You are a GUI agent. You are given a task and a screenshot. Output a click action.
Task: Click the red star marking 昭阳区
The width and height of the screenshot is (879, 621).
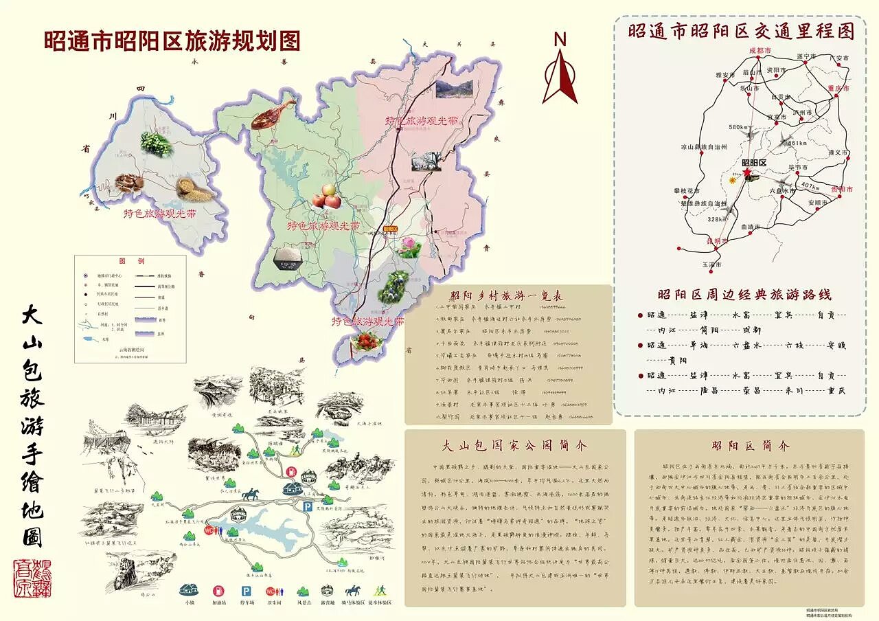[x=747, y=172]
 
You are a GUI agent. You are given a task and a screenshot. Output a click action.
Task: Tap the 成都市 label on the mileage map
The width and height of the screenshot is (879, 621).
[x=760, y=51]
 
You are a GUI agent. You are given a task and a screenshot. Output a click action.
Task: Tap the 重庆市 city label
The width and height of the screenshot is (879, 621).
[x=839, y=88]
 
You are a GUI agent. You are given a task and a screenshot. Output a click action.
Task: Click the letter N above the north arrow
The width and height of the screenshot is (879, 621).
[x=560, y=40]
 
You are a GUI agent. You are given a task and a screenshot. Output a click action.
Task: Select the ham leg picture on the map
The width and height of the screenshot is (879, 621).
[x=272, y=114]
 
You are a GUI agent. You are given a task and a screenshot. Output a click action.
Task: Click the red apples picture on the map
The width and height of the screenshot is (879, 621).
[x=328, y=196]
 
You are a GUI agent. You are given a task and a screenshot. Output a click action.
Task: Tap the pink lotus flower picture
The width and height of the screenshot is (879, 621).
[x=409, y=247]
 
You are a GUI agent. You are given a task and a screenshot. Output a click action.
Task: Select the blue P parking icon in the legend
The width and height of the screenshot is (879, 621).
[x=245, y=591]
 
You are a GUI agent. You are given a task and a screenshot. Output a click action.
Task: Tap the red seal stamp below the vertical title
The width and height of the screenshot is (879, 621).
[x=32, y=577]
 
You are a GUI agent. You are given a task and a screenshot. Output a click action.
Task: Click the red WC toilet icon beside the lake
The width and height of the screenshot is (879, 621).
[x=210, y=530]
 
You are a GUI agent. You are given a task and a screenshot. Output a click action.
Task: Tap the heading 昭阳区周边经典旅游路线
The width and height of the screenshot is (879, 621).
[x=744, y=295]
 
